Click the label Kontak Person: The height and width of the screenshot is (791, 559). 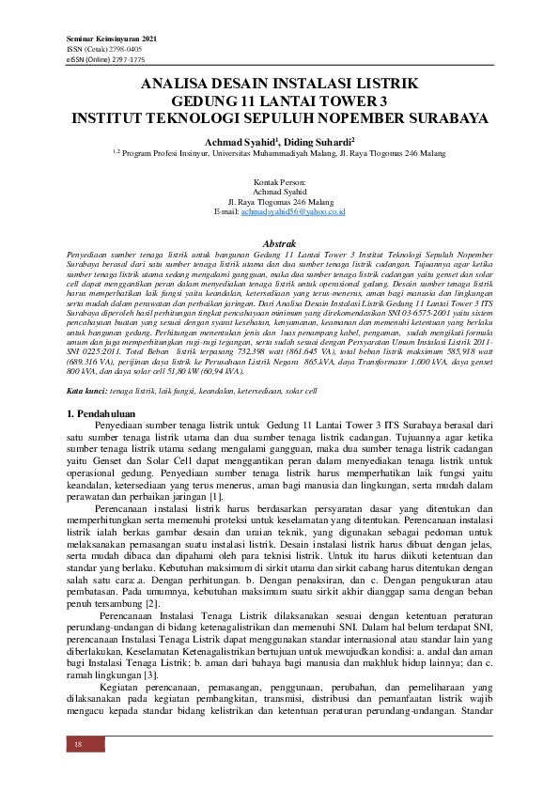tap(280, 180)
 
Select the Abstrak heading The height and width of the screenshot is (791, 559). tap(279, 243)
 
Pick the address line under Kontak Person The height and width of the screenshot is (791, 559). tap(280, 201)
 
